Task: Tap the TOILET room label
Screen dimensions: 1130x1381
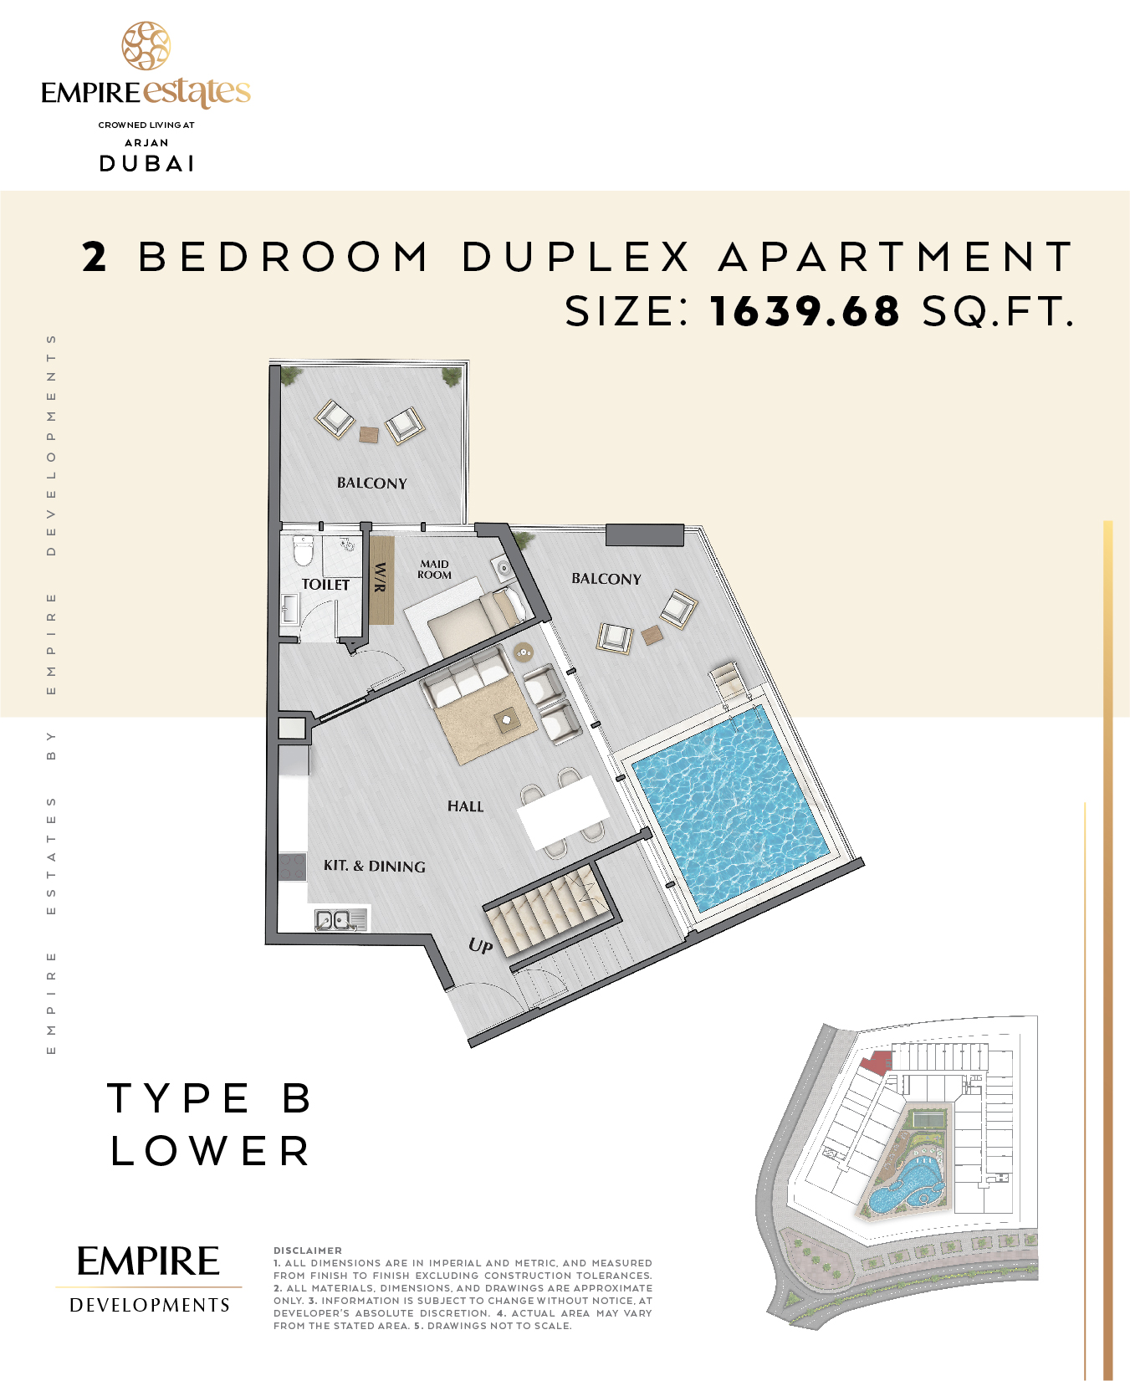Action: pyautogui.click(x=325, y=585)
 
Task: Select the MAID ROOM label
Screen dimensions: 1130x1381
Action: pyautogui.click(x=434, y=570)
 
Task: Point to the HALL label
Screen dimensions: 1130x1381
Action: pyautogui.click(x=465, y=806)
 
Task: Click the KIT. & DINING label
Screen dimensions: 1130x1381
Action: pyautogui.click(x=374, y=867)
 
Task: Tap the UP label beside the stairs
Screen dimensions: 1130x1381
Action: pyautogui.click(x=480, y=945)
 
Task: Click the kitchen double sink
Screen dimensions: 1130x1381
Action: pyautogui.click(x=340, y=920)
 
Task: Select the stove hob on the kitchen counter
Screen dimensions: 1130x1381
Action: pyautogui.click(x=292, y=867)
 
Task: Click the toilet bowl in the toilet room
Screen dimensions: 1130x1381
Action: pyautogui.click(x=303, y=550)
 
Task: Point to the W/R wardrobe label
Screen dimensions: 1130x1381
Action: pyautogui.click(x=381, y=577)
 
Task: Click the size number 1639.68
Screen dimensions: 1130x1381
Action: pyautogui.click(x=805, y=311)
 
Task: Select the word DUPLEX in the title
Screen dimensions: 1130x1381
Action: pyautogui.click(x=576, y=256)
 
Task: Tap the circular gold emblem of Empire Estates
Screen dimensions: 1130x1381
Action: pyautogui.click(x=146, y=46)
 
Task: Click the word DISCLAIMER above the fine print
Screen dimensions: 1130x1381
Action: pyautogui.click(x=308, y=1251)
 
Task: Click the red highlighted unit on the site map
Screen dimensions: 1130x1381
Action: pyautogui.click(x=877, y=1062)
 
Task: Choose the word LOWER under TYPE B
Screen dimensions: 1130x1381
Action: pyautogui.click(x=210, y=1151)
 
